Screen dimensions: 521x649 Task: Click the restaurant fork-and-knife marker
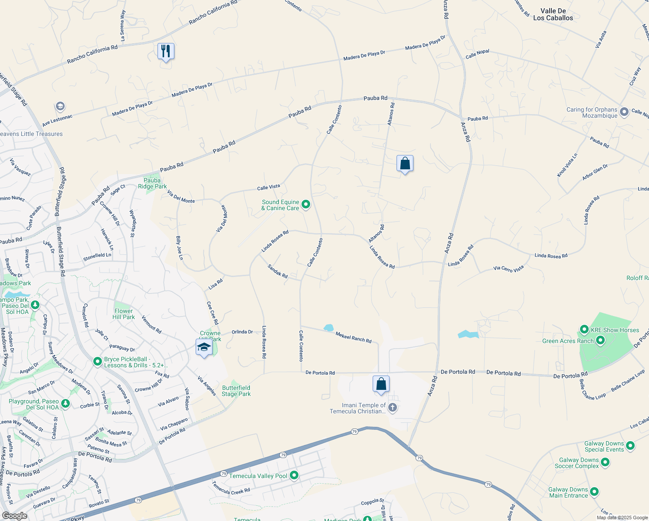click(x=166, y=52)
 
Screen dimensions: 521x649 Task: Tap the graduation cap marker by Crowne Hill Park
click(x=204, y=348)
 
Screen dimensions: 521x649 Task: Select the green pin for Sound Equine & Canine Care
click(x=306, y=204)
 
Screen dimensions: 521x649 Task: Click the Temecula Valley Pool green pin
click(x=294, y=475)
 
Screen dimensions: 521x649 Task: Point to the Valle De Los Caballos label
click(x=553, y=14)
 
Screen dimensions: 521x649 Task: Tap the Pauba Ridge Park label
click(x=152, y=183)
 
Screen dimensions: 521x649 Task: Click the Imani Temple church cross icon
click(x=393, y=407)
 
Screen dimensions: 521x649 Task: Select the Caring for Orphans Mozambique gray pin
click(x=624, y=112)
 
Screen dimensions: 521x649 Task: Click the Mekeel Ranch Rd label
click(x=354, y=337)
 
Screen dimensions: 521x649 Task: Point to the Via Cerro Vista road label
click(x=508, y=268)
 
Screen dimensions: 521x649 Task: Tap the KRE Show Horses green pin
click(x=584, y=330)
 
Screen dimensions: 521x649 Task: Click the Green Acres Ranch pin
click(x=600, y=340)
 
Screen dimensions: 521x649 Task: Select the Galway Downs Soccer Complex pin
click(x=605, y=462)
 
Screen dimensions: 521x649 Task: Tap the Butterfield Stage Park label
click(x=236, y=391)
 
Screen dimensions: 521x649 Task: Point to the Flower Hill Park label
click(x=124, y=314)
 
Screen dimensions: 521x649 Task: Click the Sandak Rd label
click(x=278, y=271)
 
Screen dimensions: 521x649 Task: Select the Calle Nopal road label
click(x=477, y=54)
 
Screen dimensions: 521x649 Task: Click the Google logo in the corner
click(x=14, y=515)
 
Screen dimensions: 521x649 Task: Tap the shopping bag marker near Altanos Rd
click(x=405, y=164)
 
